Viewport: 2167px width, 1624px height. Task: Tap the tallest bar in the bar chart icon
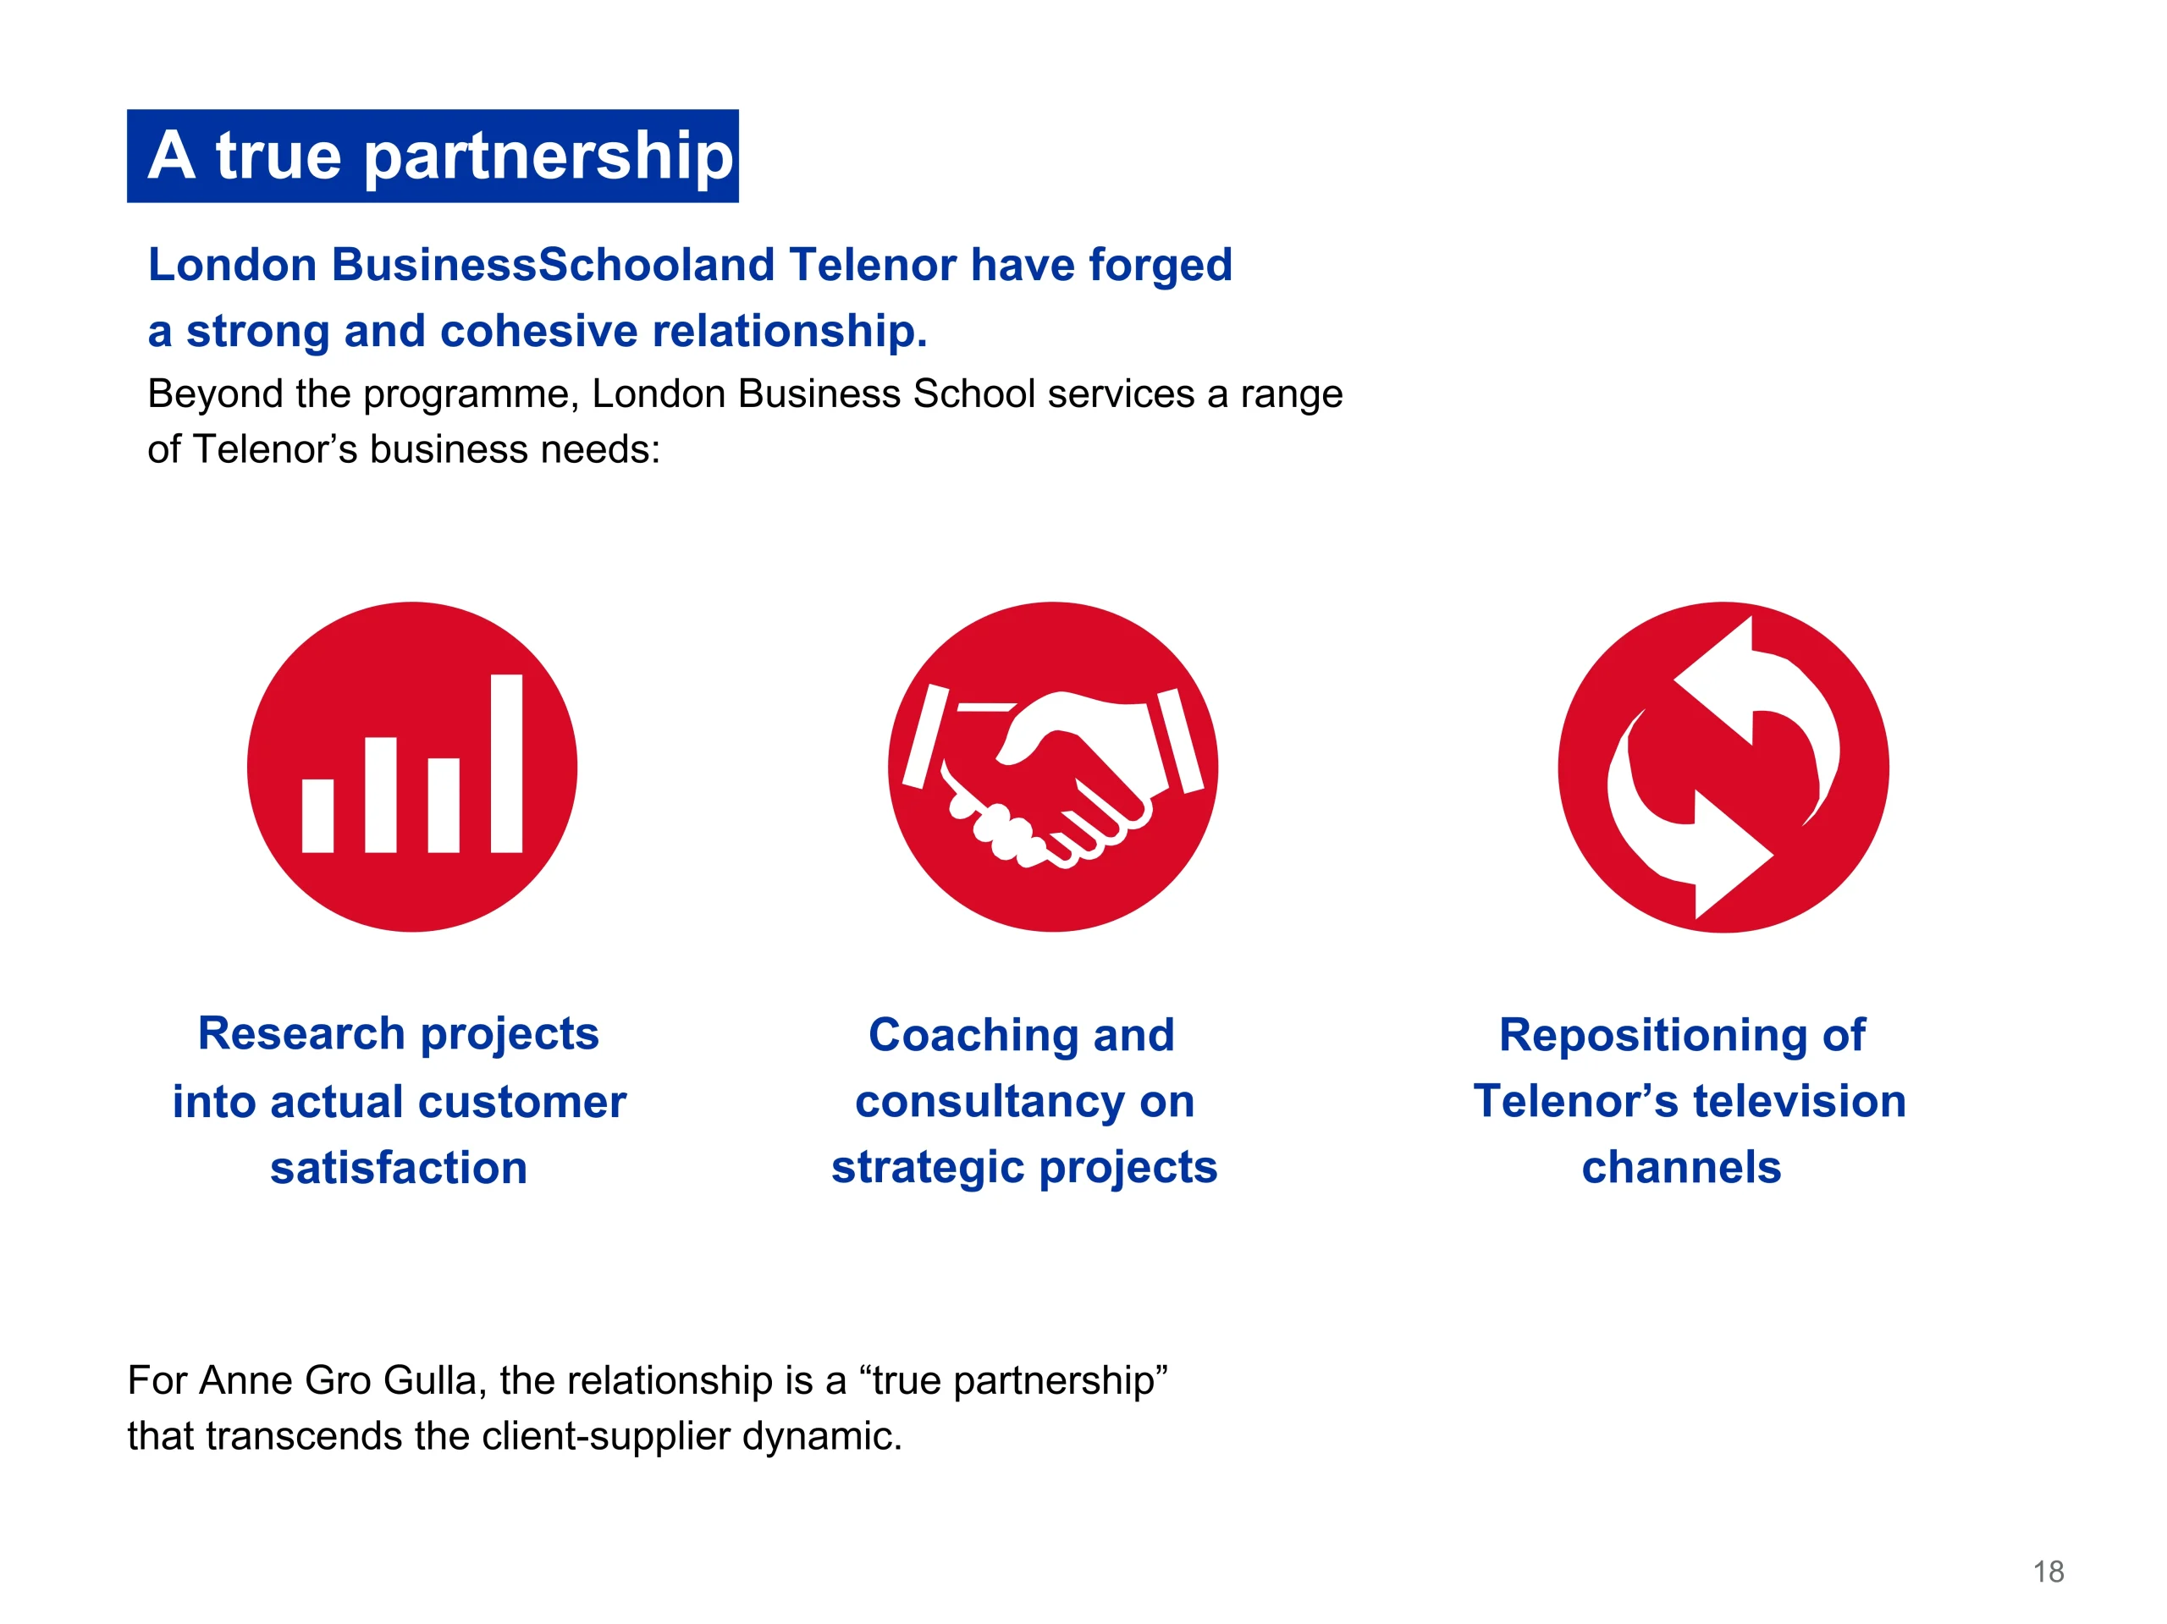506,763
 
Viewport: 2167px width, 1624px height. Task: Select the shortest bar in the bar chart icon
317,816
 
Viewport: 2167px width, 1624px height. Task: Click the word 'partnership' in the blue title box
549,157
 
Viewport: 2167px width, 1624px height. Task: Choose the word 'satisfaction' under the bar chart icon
399,1168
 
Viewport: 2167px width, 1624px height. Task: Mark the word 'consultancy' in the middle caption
990,1102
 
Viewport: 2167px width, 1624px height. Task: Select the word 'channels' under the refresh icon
1681,1168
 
